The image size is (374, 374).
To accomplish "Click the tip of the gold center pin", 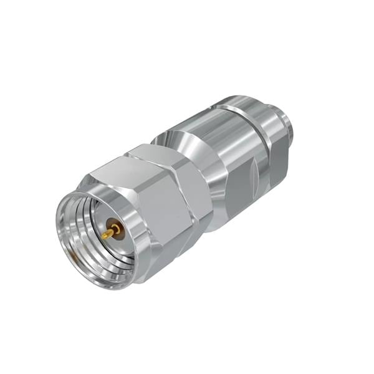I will coord(105,236).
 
